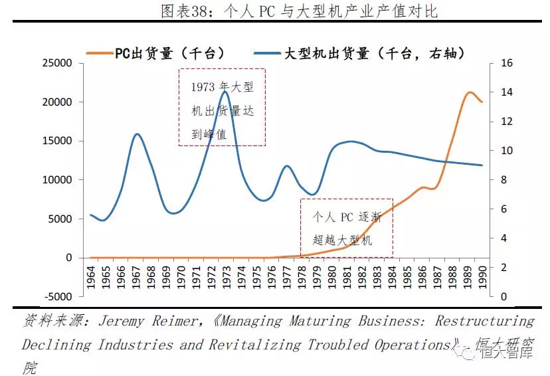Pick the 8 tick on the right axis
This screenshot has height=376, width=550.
click(500, 180)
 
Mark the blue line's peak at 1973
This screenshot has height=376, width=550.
click(226, 91)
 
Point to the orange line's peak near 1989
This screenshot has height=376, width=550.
click(470, 92)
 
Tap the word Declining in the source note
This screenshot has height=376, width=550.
click(56, 344)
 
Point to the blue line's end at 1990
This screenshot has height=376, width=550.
click(482, 165)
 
